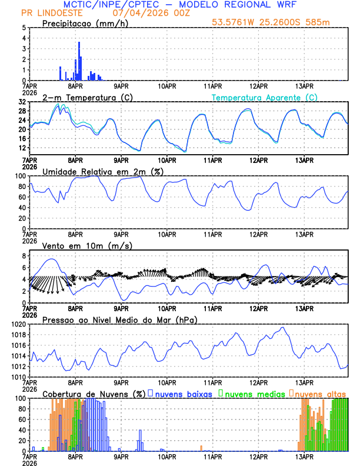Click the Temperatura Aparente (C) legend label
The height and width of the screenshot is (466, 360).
pos(265,97)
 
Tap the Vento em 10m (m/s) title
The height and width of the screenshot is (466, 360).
pos(88,245)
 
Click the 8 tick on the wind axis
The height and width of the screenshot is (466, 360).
pos(24,256)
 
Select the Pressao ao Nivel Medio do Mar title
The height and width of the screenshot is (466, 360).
pos(119,319)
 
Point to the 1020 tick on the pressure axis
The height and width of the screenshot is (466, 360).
pos(18,324)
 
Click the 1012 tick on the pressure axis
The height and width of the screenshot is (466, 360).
pos(18,367)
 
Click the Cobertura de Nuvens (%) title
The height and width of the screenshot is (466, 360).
pos(94,393)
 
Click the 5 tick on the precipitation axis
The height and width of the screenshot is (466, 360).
pos(24,28)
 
